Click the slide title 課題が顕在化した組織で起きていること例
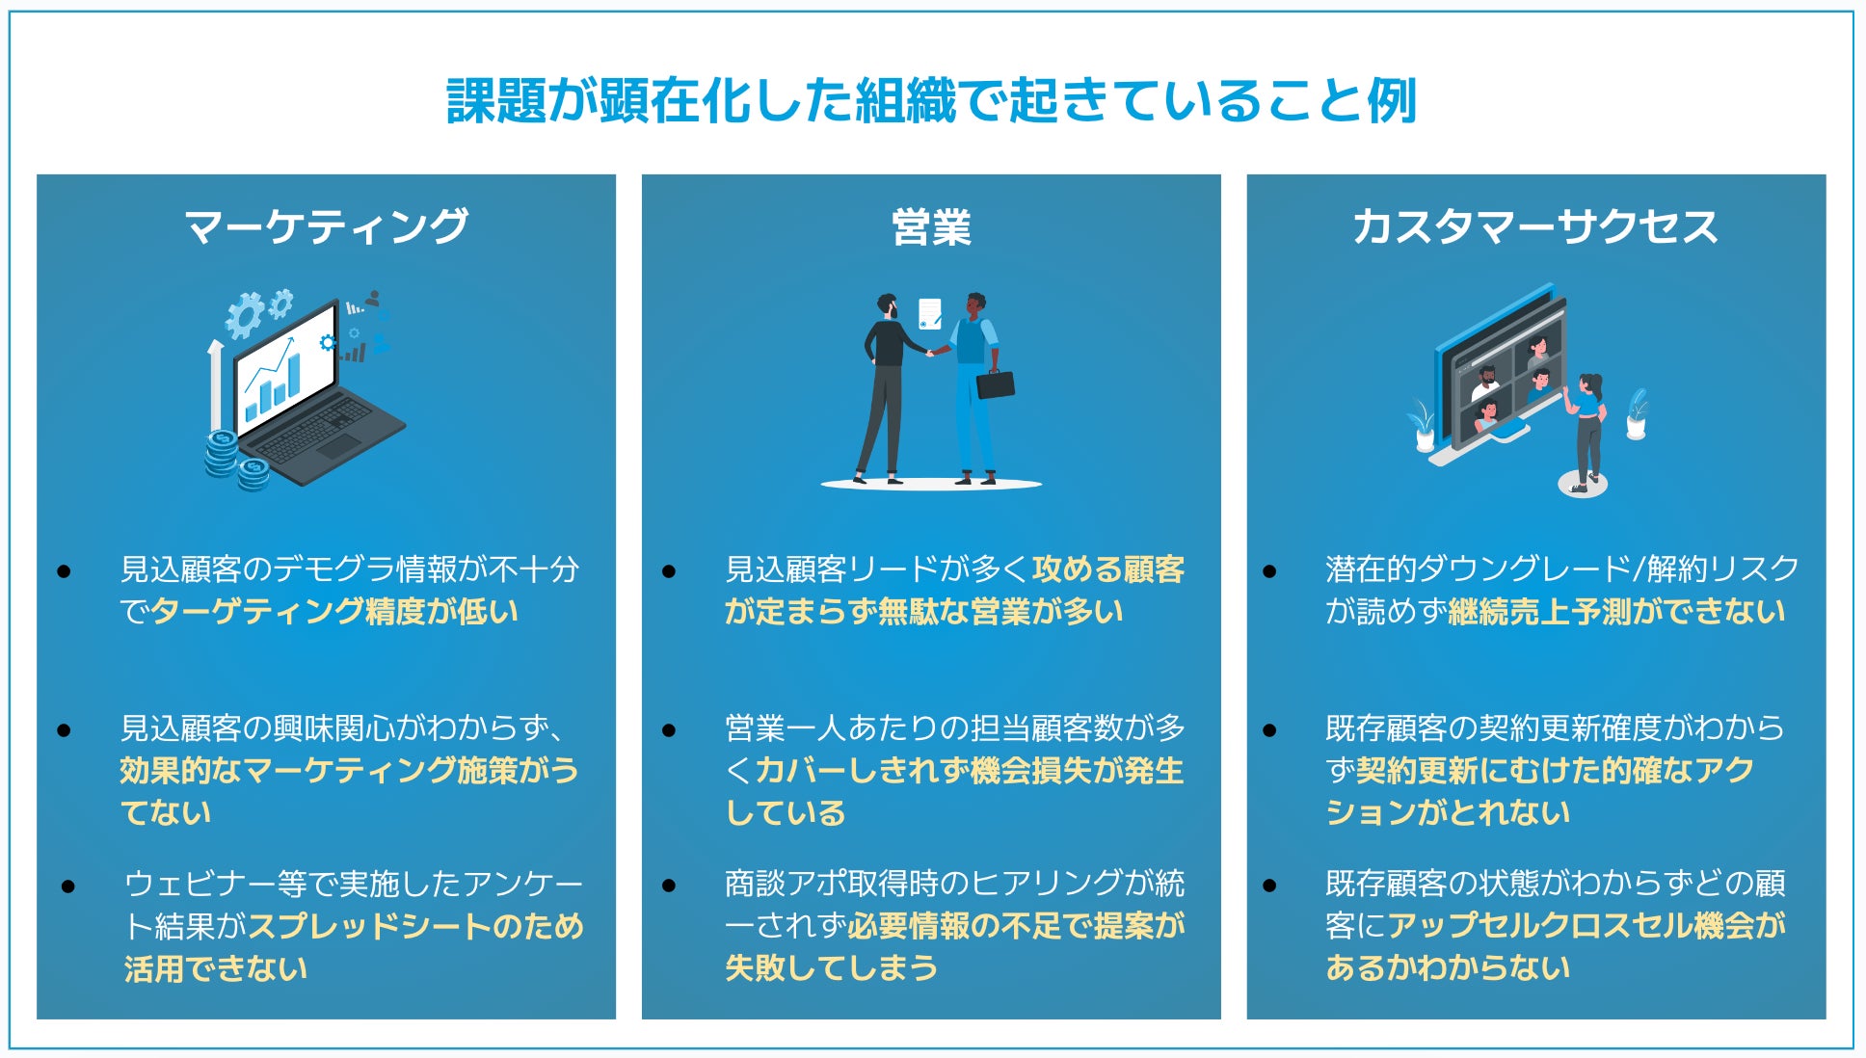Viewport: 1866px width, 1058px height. tap(931, 101)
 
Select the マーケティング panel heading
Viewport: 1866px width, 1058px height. tap(326, 227)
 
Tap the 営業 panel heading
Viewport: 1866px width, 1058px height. tap(931, 227)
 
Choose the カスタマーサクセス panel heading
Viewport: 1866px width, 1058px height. tap(1535, 227)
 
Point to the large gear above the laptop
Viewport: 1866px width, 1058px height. tap(244, 315)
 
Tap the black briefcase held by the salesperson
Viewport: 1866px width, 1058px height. tap(995, 384)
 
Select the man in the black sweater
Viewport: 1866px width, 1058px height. tap(885, 385)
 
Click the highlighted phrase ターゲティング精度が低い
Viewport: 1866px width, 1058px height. tap(334, 612)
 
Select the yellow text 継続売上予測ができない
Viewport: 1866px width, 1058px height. tap(1615, 612)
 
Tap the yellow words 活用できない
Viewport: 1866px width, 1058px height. tap(216, 968)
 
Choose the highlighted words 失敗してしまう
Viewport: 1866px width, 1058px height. tap(831, 967)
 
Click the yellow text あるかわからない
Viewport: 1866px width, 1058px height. tap(1448, 967)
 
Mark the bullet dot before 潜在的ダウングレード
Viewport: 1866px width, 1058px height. tap(1269, 571)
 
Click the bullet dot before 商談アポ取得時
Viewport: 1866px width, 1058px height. tap(669, 886)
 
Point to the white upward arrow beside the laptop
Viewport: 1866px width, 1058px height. tap(217, 385)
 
